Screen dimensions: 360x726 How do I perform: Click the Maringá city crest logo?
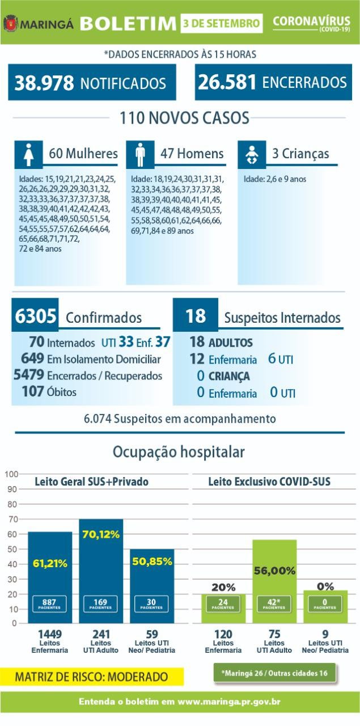[x=11, y=23]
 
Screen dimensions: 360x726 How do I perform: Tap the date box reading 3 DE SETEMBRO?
[x=222, y=23]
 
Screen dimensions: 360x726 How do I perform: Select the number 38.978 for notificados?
[x=44, y=83]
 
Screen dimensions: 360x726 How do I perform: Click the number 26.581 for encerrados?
[x=227, y=82]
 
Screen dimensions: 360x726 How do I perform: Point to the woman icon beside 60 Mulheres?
[x=28, y=155]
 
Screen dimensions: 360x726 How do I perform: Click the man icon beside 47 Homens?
[x=140, y=155]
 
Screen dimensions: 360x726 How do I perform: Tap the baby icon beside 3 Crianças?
[x=252, y=155]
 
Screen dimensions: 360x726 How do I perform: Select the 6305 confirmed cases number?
[x=35, y=315]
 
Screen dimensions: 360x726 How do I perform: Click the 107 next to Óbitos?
[x=33, y=391]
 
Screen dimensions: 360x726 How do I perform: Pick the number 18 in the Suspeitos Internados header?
[x=196, y=315]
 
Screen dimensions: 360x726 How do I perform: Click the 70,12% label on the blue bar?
[x=101, y=534]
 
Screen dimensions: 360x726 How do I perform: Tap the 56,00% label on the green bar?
[x=274, y=571]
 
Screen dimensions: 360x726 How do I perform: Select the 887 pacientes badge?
[x=49, y=604]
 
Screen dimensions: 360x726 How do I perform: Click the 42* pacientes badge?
[x=274, y=604]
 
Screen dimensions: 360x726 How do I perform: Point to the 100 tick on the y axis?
[x=11, y=474]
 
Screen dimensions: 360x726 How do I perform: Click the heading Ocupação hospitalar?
[x=179, y=452]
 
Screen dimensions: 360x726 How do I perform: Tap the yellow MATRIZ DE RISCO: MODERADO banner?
[x=92, y=677]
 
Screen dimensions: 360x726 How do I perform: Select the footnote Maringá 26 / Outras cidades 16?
[x=274, y=673]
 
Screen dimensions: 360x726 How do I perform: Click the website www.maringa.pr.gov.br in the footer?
[x=229, y=702]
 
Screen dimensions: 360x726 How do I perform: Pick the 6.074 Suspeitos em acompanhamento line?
[x=180, y=419]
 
